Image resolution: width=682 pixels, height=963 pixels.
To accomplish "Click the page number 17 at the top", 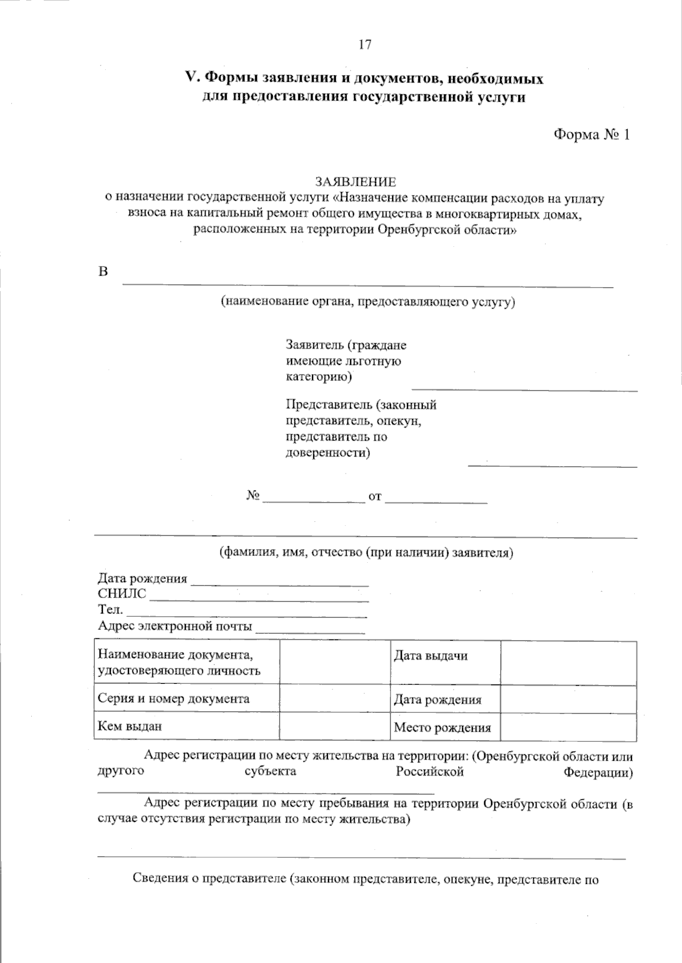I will click(x=364, y=44).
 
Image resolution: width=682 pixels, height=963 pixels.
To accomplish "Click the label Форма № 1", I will click(x=591, y=135).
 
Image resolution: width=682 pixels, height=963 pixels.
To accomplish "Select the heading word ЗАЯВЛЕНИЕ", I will click(x=356, y=182).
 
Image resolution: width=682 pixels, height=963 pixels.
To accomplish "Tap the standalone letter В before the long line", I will click(x=103, y=272).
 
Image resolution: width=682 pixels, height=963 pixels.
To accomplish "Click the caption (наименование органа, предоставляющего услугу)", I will click(x=368, y=301).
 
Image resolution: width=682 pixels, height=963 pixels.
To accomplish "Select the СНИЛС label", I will click(x=122, y=594).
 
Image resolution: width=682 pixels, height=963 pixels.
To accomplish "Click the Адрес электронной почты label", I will click(x=175, y=626).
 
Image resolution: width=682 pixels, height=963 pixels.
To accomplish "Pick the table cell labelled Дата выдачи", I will click(x=430, y=656).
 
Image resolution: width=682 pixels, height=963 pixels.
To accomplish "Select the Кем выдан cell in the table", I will click(x=130, y=726).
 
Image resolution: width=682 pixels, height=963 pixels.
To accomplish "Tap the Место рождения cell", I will click(x=442, y=728).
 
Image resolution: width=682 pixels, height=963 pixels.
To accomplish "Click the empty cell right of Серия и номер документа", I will click(x=335, y=699).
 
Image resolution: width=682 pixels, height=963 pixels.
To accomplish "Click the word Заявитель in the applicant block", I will click(x=314, y=345).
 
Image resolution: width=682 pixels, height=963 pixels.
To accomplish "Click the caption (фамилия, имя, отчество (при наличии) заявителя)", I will click(x=367, y=553).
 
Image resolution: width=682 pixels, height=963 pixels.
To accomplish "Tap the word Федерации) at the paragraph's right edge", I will click(x=598, y=773).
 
